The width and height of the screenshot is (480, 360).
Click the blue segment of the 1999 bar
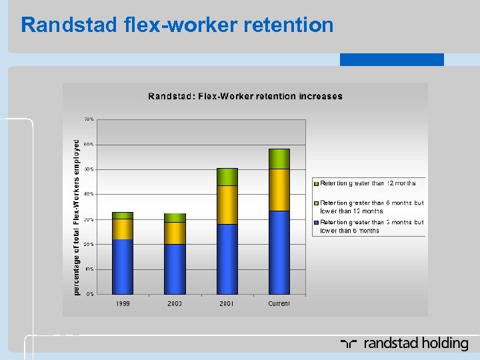pyautogui.click(x=123, y=267)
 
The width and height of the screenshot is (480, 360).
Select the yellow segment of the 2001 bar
pyautogui.click(x=227, y=205)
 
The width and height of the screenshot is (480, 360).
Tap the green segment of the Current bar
pyautogui.click(x=279, y=159)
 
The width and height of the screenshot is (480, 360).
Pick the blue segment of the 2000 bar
pyautogui.click(x=175, y=269)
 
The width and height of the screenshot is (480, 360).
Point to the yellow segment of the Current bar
pyautogui.click(x=279, y=190)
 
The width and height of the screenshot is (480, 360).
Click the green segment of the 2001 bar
pyautogui.click(x=227, y=177)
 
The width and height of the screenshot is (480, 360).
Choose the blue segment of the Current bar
pyautogui.click(x=279, y=252)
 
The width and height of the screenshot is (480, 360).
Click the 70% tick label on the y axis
pyautogui.click(x=89, y=119)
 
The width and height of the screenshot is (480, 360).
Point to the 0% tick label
pyautogui.click(x=90, y=294)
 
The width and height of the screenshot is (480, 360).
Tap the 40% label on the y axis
pyautogui.click(x=89, y=194)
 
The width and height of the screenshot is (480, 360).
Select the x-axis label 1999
pyautogui.click(x=123, y=304)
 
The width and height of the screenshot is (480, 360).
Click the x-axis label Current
pyautogui.click(x=279, y=304)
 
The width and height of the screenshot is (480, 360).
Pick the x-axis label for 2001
pyautogui.click(x=227, y=304)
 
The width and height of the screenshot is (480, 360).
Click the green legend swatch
pyautogui.click(x=317, y=183)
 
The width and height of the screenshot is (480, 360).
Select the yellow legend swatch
pyautogui.click(x=317, y=203)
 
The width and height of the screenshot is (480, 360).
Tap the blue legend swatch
pyautogui.click(x=317, y=223)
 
